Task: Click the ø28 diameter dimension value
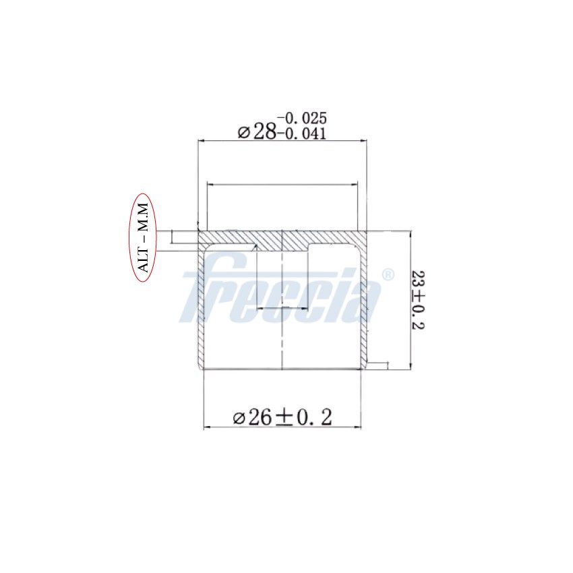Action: (x=258, y=131)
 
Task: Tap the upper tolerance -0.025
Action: (x=302, y=119)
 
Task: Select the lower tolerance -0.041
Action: (x=302, y=133)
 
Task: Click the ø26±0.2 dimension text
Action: (x=282, y=417)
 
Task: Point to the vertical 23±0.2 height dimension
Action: (x=418, y=300)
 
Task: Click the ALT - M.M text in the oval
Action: (x=144, y=237)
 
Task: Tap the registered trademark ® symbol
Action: (x=388, y=274)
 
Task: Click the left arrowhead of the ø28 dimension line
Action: (x=200, y=141)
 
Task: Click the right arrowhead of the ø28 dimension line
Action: (x=363, y=141)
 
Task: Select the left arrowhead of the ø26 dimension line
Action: (x=206, y=427)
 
